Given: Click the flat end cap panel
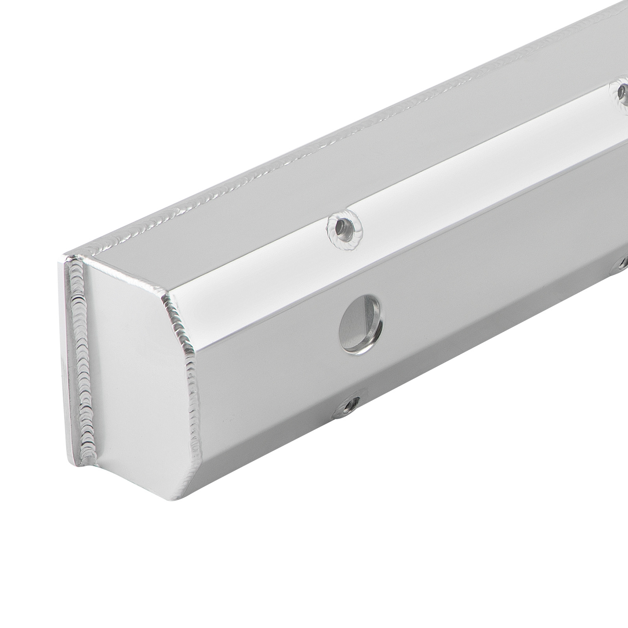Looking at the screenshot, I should point(133,377).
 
